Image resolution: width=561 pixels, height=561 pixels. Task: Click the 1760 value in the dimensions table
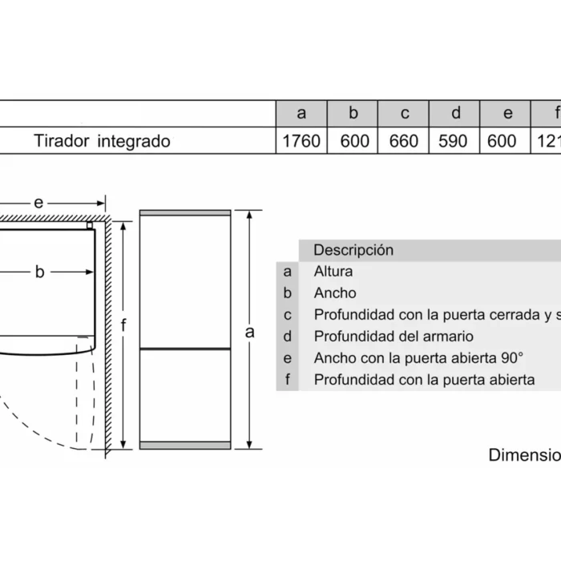pos(301,141)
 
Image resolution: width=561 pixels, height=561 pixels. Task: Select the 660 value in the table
pos(404,141)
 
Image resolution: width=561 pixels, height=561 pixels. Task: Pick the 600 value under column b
pos(354,141)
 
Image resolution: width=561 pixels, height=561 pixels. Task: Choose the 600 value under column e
pos(502,141)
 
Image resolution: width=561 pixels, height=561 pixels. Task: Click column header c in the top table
pos(405,113)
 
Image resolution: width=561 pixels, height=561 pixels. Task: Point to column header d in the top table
pos(455,113)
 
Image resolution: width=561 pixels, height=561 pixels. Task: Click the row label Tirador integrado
pos(102,141)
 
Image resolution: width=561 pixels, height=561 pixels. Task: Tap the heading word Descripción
pos(353,250)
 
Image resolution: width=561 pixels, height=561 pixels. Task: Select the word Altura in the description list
pos(333,272)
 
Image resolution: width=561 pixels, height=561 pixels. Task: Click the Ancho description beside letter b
pos(335,293)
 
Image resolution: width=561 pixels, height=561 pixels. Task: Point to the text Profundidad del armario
pos(394,337)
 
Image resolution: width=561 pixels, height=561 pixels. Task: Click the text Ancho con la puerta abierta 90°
pos(418,358)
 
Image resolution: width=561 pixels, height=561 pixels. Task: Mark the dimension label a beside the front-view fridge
pos(249,331)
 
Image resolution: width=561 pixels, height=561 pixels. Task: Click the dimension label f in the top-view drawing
pos(123,325)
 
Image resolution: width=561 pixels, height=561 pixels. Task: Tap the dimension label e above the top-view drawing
pos(38,203)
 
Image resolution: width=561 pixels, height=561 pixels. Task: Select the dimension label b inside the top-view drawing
pos(39,272)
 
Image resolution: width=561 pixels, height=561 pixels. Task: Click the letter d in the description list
pos(288,337)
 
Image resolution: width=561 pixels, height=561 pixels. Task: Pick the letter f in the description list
pos(288,380)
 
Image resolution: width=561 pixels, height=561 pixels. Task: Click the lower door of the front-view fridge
pos(185,393)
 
